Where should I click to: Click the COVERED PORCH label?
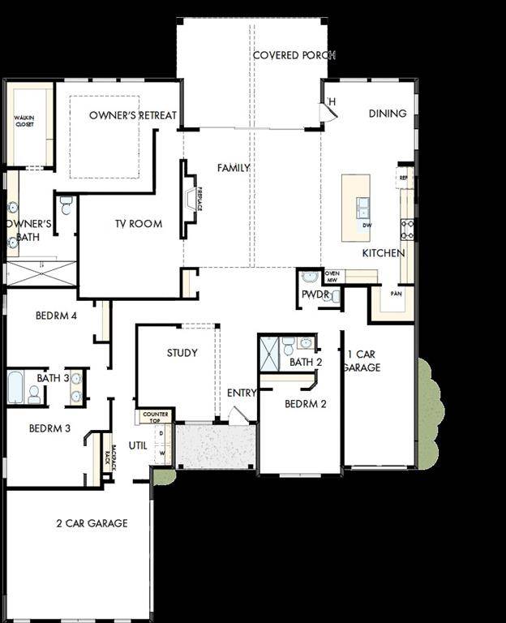point(294,55)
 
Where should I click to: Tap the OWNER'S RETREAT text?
point(133,115)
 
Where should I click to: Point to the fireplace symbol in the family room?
point(191,199)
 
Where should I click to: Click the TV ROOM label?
point(137,224)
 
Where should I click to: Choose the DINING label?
point(387,114)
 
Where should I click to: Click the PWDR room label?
point(314,294)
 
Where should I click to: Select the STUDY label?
point(182,353)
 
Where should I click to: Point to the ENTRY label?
point(242,393)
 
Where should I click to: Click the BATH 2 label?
point(306,362)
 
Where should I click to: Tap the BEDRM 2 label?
point(305,403)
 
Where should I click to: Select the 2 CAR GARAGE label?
point(92,523)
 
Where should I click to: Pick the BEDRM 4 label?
point(56,316)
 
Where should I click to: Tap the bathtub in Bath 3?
point(16,387)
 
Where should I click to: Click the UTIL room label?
point(138,445)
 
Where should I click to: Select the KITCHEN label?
point(383,253)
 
